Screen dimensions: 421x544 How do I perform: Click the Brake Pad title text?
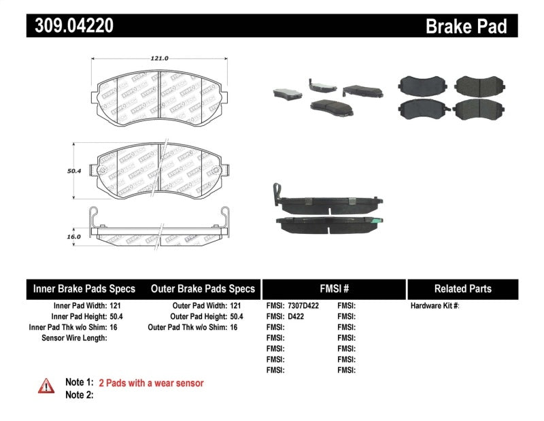[466, 26]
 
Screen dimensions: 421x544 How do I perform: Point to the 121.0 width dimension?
[159, 58]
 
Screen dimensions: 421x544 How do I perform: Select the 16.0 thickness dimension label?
[73, 236]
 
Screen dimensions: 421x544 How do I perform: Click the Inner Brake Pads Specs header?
[84, 288]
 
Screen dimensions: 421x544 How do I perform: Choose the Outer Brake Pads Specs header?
[202, 288]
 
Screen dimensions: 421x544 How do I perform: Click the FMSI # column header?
[333, 288]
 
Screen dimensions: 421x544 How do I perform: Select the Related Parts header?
[462, 288]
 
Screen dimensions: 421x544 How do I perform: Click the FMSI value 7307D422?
[303, 305]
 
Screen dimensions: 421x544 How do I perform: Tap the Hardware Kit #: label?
[435, 305]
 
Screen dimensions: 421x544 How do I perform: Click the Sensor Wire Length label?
[74, 338]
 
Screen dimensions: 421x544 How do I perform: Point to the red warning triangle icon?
[46, 386]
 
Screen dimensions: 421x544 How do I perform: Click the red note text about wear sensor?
[151, 383]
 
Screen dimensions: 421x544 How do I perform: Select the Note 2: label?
[79, 394]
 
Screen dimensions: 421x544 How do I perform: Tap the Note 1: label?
[79, 383]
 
